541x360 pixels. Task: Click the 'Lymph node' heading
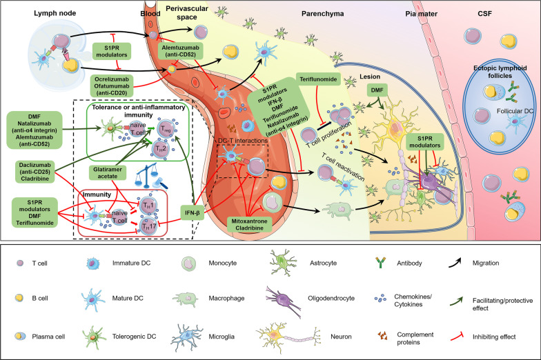point(35,13)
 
